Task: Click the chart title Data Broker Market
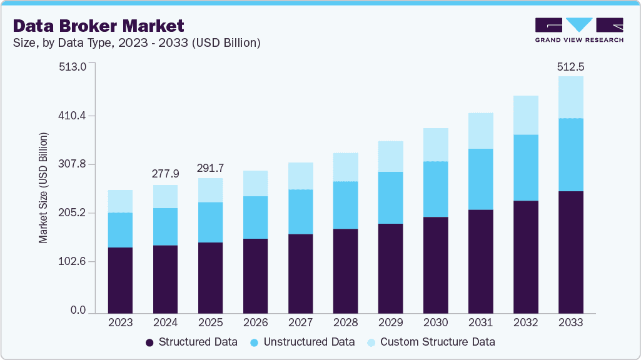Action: pyautogui.click(x=99, y=26)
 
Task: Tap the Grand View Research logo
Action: pyautogui.click(x=579, y=30)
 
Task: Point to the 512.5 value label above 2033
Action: pyautogui.click(x=570, y=67)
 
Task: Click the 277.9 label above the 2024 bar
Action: pyautogui.click(x=165, y=173)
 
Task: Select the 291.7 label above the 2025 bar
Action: pyautogui.click(x=210, y=168)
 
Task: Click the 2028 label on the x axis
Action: pyautogui.click(x=345, y=323)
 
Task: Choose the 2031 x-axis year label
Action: pyautogui.click(x=480, y=323)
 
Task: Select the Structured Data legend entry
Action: pyautogui.click(x=191, y=342)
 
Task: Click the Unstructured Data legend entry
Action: pyautogui.click(x=302, y=342)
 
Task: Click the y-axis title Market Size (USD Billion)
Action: pyautogui.click(x=43, y=187)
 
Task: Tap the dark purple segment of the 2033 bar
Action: pyautogui.click(x=570, y=252)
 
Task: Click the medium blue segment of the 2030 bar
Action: pyautogui.click(x=435, y=189)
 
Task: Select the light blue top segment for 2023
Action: pyautogui.click(x=120, y=201)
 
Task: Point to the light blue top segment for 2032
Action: pyautogui.click(x=525, y=115)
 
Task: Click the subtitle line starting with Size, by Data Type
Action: pyautogui.click(x=137, y=43)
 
